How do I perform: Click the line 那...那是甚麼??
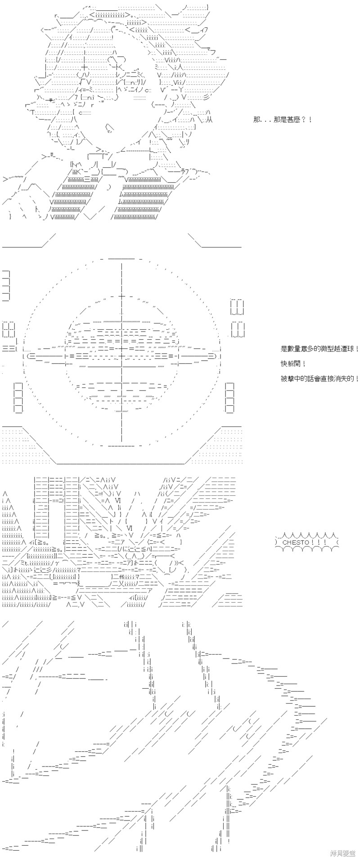coord(282,120)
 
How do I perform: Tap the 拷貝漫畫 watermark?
coord(343,852)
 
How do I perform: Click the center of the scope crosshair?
coord(121,355)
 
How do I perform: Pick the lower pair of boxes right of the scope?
coord(238,329)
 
